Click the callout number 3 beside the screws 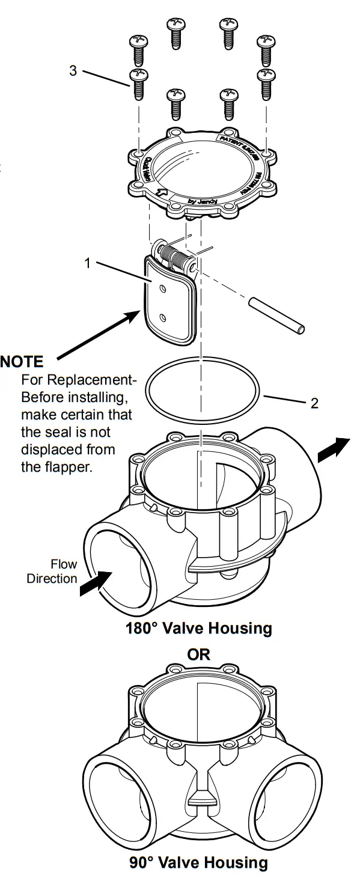click(x=73, y=70)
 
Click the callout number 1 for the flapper click(x=88, y=263)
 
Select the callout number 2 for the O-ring click(x=314, y=403)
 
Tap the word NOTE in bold click(x=22, y=362)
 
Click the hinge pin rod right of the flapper click(x=276, y=314)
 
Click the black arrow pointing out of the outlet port click(x=333, y=450)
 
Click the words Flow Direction click(x=52, y=572)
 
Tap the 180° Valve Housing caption click(x=198, y=629)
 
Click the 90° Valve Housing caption click(x=198, y=863)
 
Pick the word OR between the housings click(x=199, y=654)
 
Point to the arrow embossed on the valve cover click(x=161, y=193)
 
